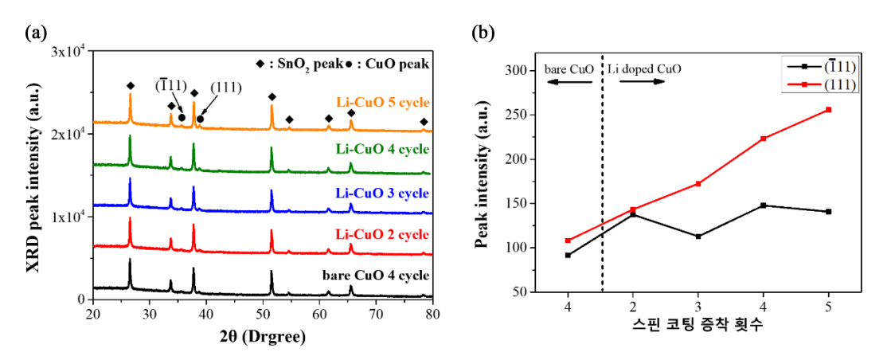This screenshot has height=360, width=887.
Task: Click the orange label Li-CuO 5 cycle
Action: tap(383, 104)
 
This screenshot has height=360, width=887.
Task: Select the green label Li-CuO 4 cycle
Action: tap(383, 149)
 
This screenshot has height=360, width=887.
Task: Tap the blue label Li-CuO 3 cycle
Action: tap(383, 194)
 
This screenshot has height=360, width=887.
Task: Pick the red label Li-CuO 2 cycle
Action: tap(383, 234)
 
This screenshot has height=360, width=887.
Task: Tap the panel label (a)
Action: tap(37, 33)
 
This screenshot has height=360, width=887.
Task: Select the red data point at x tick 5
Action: tap(829, 109)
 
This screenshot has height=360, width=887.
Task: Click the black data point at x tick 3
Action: tap(697, 237)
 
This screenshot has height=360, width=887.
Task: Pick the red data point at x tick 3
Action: tap(697, 183)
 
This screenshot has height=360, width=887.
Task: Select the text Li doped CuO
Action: tap(644, 69)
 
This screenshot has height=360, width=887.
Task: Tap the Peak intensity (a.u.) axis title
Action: tap(482, 182)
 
